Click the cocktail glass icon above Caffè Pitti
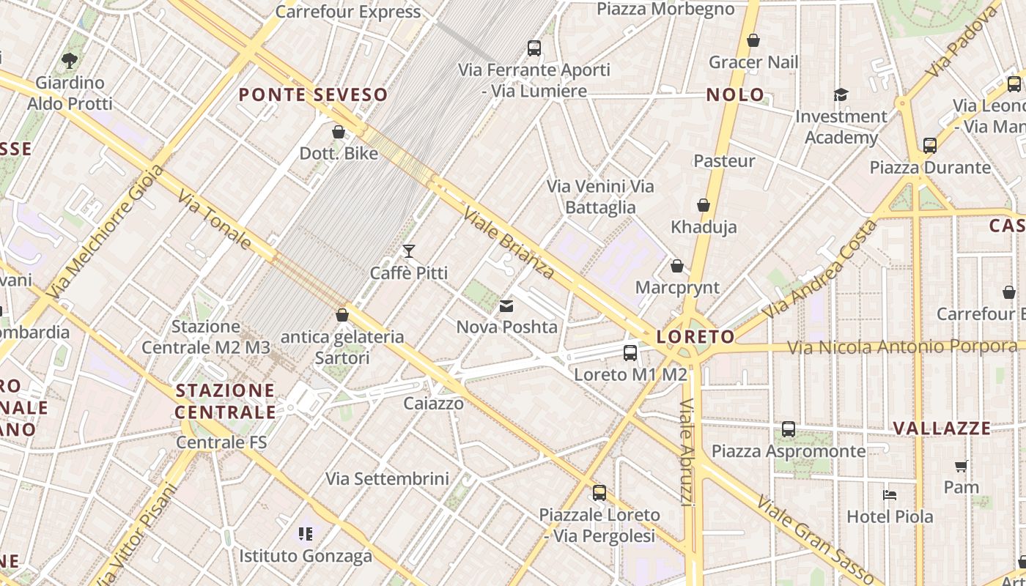tap(409, 251)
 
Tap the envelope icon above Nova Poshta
tap(506, 306)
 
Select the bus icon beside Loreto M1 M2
tap(630, 353)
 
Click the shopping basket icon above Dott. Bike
tap(339, 132)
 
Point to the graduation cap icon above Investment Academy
tap(841, 95)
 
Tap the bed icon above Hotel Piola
tap(890, 495)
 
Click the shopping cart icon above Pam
tap(961, 466)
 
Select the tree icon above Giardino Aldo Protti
tap(70, 61)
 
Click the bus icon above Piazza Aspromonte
tap(789, 429)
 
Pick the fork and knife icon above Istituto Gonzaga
tap(306, 534)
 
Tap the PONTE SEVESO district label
tap(313, 94)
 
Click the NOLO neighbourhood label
tap(735, 94)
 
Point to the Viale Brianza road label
tap(509, 242)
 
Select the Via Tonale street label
tap(215, 219)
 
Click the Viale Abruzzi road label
tap(687, 452)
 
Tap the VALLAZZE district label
tap(942, 428)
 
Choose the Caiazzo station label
tap(434, 404)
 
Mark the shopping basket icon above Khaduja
tap(704, 205)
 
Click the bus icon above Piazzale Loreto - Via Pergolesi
tap(599, 493)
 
